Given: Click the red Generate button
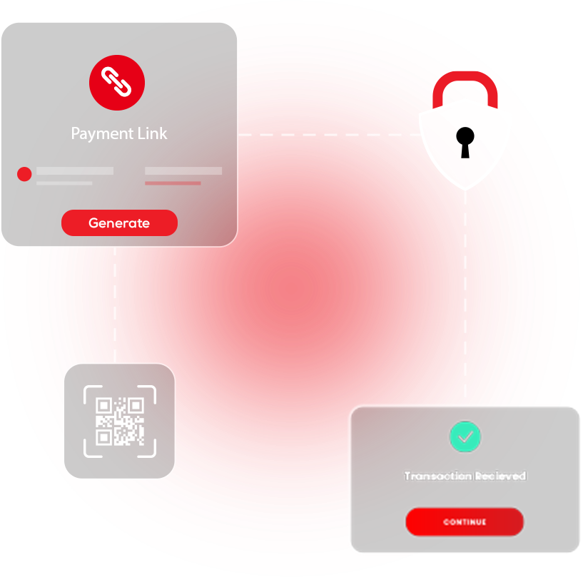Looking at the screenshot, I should coord(119,223).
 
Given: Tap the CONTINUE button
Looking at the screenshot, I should coord(465,522).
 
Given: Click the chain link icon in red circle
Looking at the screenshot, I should coord(117,83).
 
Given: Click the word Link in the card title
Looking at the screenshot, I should coord(152,133).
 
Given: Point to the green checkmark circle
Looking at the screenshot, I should coord(465,436).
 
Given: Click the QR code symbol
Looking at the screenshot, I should coord(120,421).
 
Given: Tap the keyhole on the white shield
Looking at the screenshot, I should coord(465,140).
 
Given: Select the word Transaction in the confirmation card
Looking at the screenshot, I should coord(437,476).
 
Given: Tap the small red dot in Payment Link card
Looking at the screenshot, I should coord(24,174).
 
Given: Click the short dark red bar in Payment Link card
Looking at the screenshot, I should coord(173,183).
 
